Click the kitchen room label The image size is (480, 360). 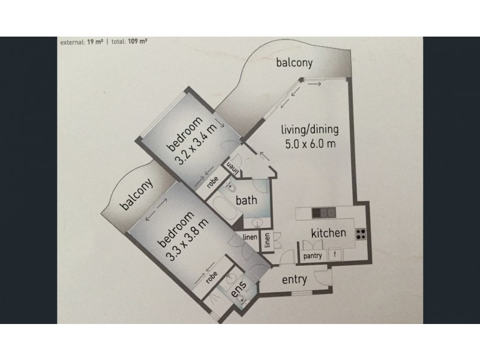click(x=328, y=233)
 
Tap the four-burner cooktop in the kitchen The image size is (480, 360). click(x=361, y=234)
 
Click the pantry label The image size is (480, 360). click(x=313, y=256)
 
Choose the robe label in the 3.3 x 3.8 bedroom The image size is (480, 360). click(x=211, y=278)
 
